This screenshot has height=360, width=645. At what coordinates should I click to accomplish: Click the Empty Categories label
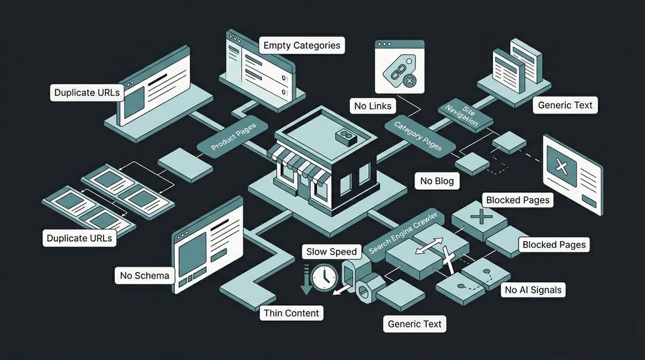coord(302,46)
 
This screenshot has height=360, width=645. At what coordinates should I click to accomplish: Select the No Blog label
coord(437,181)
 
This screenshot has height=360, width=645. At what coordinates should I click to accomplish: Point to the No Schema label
coord(145,275)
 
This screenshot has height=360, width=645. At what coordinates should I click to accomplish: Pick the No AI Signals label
coord(533,290)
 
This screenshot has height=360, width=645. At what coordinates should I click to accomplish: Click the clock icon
coord(325,276)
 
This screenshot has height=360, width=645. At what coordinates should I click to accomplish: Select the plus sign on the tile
coord(481,216)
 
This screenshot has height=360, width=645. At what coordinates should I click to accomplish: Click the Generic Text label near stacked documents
coord(564,105)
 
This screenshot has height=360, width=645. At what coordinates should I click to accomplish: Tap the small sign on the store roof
coord(345,136)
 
